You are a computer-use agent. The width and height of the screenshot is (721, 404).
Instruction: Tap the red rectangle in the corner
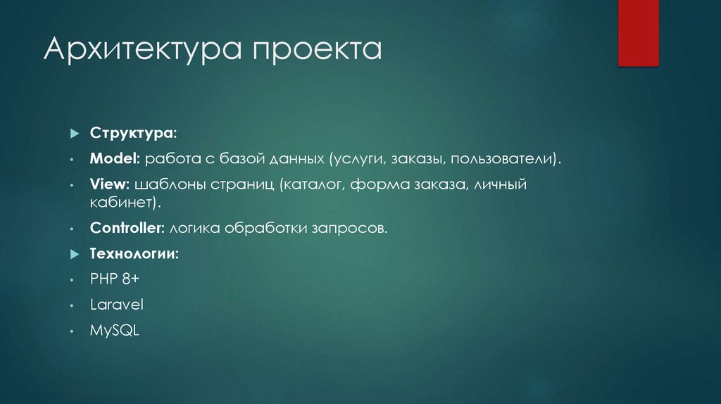click(x=638, y=33)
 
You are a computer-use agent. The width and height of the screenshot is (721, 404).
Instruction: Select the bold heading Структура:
click(x=133, y=133)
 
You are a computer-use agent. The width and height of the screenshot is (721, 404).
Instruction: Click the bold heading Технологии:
click(x=134, y=253)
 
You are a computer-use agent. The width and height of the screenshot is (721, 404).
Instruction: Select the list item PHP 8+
click(x=115, y=279)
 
